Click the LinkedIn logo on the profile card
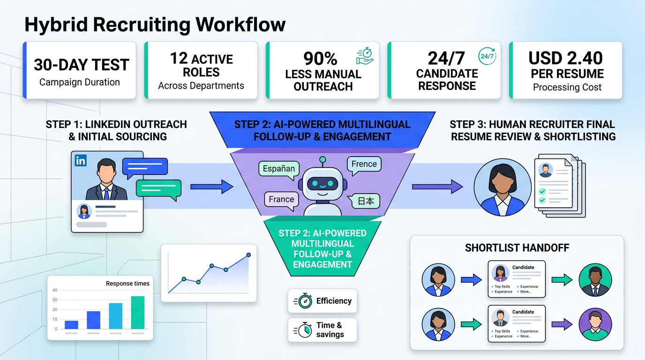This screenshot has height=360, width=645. (x=81, y=161)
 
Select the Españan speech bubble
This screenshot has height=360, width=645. (x=279, y=169)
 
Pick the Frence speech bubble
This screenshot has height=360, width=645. (x=364, y=164)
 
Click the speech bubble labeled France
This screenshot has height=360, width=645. (x=281, y=199)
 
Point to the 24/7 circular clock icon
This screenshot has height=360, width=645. (x=487, y=56)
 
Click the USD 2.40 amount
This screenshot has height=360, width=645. (x=565, y=58)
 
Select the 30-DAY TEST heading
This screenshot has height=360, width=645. (x=81, y=65)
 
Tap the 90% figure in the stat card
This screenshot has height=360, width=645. (x=320, y=59)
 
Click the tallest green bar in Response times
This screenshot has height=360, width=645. (x=138, y=312)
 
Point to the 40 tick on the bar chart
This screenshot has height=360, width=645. (x=55, y=290)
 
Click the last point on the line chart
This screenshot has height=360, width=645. (x=248, y=255)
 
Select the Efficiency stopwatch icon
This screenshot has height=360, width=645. (x=303, y=301)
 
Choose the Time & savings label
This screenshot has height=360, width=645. (x=330, y=330)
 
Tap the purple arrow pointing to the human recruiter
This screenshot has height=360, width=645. (x=437, y=187)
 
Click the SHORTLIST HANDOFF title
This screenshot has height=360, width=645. (x=517, y=248)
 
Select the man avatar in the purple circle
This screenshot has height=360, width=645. (x=595, y=324)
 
